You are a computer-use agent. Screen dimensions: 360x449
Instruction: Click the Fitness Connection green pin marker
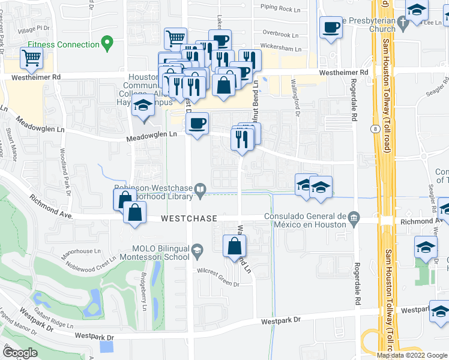pos(107,43)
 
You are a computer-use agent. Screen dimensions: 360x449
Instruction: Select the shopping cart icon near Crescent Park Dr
pos(31,58)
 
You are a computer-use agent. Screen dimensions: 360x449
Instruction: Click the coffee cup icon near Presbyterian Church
pos(330,28)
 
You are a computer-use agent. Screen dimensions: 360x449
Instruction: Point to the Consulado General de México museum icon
pos(354,216)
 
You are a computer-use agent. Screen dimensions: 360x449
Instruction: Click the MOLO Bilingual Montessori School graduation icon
pos(196,250)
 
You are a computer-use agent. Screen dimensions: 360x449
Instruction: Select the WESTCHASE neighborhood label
pos(188,219)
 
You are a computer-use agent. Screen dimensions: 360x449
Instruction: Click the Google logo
pos(20,353)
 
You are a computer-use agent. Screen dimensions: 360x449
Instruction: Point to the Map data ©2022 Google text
pos(411,355)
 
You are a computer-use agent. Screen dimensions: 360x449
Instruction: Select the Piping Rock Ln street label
pos(280,9)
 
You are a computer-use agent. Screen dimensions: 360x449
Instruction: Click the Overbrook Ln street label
pos(280,35)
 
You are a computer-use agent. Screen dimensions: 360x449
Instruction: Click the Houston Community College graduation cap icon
pos(142,106)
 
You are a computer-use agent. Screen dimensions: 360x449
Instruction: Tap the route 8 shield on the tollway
pos(375,128)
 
